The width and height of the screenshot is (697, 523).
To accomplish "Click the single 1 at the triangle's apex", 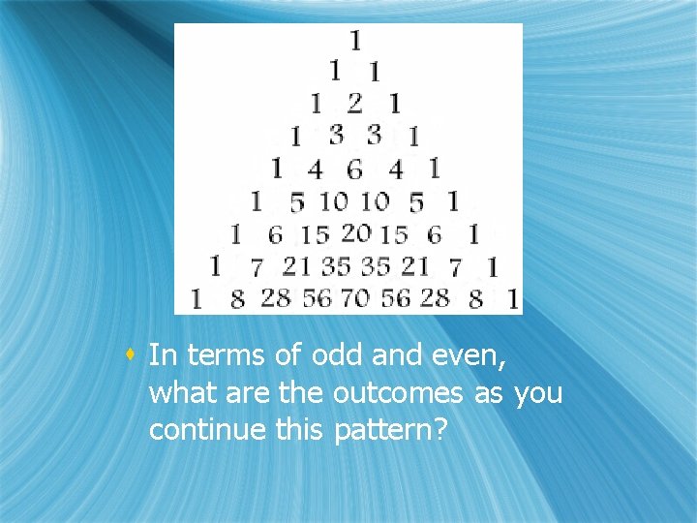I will [355, 40].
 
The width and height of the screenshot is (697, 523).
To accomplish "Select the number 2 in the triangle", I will [354, 103].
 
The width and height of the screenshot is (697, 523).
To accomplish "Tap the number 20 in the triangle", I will [356, 232].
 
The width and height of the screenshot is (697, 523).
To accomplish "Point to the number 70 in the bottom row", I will [355, 298].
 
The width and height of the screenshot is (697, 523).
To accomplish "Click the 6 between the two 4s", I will [354, 170].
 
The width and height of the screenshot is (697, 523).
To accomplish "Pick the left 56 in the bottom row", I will [317, 298].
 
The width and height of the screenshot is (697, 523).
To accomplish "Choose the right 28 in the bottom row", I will [435, 298].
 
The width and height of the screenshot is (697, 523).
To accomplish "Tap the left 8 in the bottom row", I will [238, 300].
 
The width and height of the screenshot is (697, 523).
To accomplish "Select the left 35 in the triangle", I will [336, 265].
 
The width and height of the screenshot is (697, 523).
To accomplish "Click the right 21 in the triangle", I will [414, 265].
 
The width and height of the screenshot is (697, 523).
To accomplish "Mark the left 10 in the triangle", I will [334, 201].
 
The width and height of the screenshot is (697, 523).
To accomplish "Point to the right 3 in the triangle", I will [374, 135].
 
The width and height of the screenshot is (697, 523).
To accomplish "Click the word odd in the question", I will [338, 355].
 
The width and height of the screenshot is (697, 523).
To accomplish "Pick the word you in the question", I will [538, 393].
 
